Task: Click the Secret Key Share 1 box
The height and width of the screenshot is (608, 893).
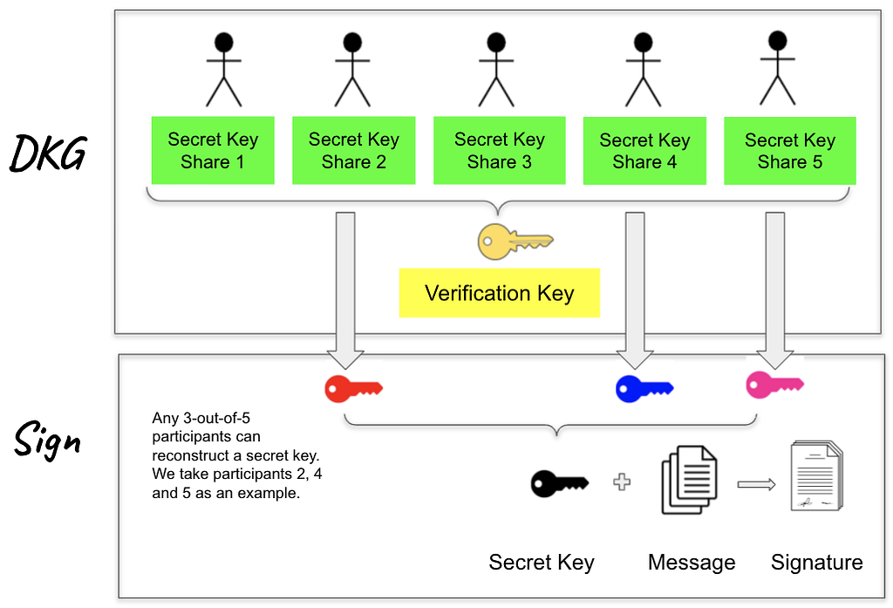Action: point(213,150)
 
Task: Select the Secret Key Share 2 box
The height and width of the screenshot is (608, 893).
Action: point(353,150)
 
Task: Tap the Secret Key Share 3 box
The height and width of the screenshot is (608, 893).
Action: point(499,150)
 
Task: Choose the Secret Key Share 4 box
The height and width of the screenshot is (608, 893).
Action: point(644,151)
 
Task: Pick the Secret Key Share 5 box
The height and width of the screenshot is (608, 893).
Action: point(789,150)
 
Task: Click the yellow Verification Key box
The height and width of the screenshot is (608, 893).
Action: point(499,293)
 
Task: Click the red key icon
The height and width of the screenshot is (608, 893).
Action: point(353,388)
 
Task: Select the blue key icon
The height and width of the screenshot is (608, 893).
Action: point(644,388)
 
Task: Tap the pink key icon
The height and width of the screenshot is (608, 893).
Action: point(774,385)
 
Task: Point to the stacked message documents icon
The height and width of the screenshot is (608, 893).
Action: point(690,481)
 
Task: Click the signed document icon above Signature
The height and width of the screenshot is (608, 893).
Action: point(817,476)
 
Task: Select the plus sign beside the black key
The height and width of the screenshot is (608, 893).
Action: point(622,482)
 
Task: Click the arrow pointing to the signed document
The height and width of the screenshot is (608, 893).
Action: point(756,483)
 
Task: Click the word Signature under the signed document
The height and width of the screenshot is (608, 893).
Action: point(816,563)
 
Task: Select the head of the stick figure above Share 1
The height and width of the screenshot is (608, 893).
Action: point(224,41)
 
